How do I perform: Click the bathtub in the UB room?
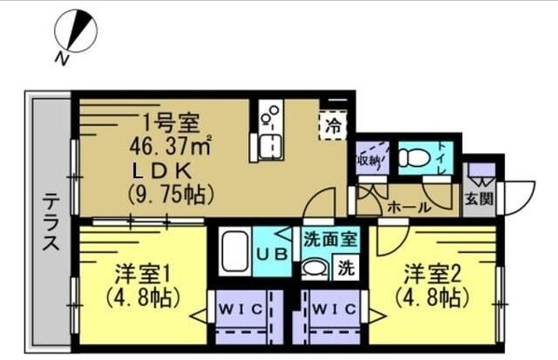[x=233, y=253]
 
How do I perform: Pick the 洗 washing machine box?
[x=346, y=269]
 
